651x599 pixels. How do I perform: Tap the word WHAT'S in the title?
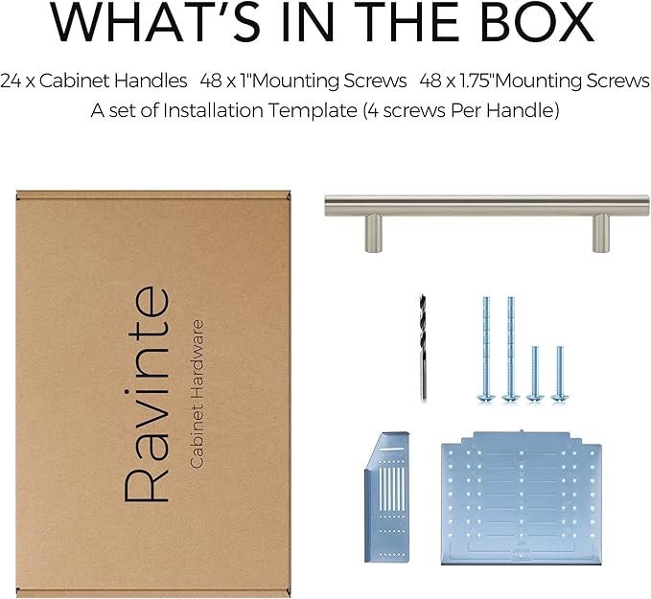156,22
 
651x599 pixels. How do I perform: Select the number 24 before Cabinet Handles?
11,81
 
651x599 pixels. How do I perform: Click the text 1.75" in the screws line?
477,81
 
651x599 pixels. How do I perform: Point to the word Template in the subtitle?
313,111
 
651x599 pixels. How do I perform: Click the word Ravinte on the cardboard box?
147,394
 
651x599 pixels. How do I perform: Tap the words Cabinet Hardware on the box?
197,394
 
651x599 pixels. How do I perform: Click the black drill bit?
423,348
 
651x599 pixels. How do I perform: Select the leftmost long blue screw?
486,349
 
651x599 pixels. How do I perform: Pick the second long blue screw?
511,349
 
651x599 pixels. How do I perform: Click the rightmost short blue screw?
560,374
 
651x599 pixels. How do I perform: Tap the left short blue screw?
535,374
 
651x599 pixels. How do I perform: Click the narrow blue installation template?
387,497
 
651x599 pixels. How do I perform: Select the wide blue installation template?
522,498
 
